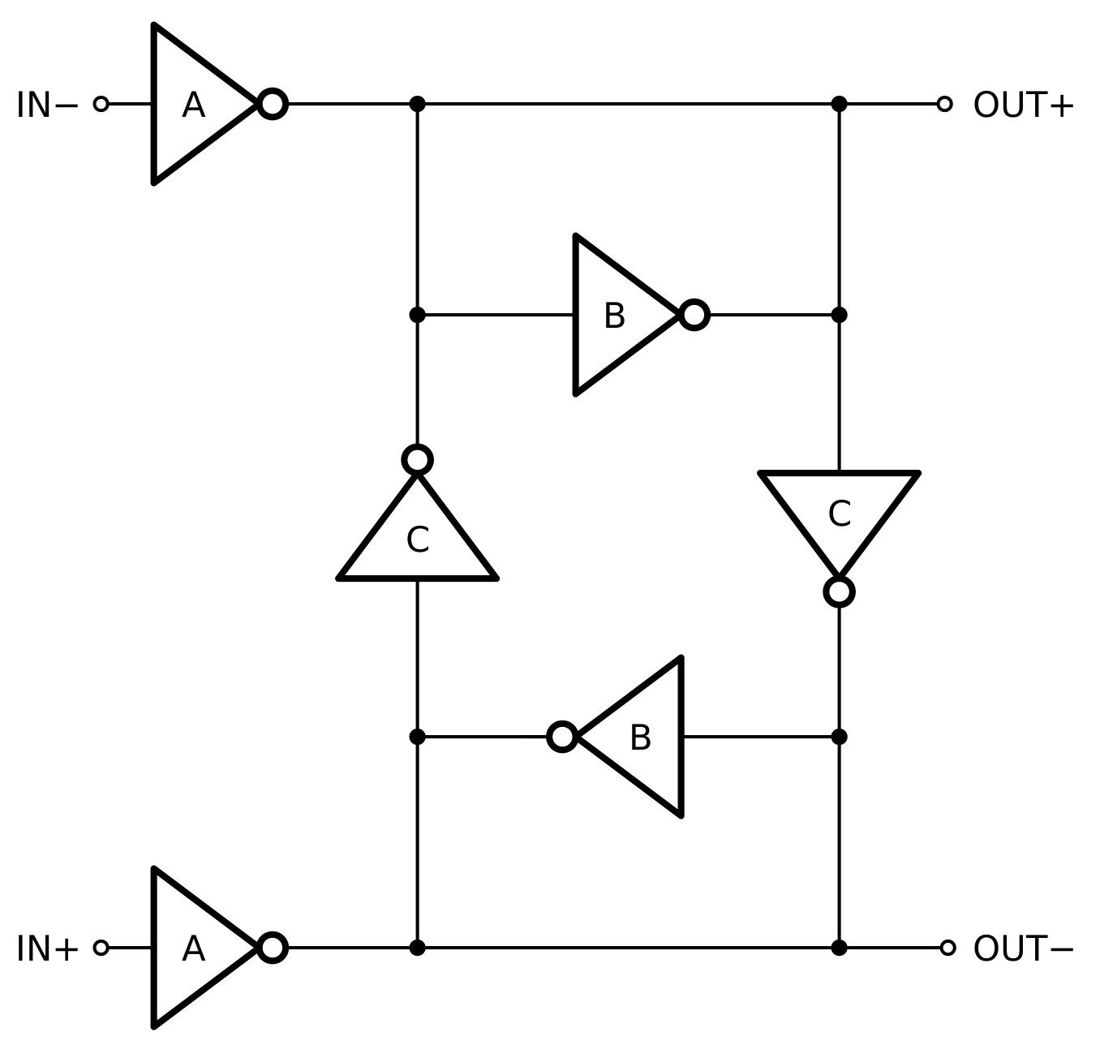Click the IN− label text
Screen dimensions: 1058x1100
pyautogui.click(x=47, y=105)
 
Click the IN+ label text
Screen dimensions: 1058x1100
pyautogui.click(x=47, y=948)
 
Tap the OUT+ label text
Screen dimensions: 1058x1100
pyautogui.click(x=1023, y=105)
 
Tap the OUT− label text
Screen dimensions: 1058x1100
pyautogui.click(x=1023, y=948)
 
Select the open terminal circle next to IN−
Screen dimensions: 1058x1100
pyautogui.click(x=101, y=104)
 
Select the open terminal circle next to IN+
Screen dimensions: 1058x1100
pyautogui.click(x=101, y=948)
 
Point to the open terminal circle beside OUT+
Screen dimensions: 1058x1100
pyautogui.click(x=944, y=104)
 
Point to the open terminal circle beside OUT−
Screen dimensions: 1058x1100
pyautogui.click(x=947, y=948)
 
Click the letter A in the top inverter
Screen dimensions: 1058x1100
pyautogui.click(x=193, y=105)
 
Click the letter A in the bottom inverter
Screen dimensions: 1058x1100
pyautogui.click(x=193, y=949)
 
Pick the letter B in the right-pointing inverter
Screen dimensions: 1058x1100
pyautogui.click(x=614, y=316)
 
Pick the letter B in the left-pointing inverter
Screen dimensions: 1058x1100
pyautogui.click(x=640, y=738)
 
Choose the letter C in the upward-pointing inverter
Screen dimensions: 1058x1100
pyautogui.click(x=417, y=540)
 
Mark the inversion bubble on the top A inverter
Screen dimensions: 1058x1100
pyautogui.click(x=273, y=104)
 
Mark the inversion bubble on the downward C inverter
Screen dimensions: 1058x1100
pyautogui.click(x=839, y=592)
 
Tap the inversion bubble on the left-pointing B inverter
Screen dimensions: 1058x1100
pyautogui.click(x=562, y=737)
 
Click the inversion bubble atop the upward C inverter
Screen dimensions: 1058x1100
pyautogui.click(x=417, y=460)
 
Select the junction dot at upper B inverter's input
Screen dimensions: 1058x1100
pyautogui.click(x=417, y=315)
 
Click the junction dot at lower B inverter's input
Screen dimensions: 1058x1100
pyautogui.click(x=839, y=737)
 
